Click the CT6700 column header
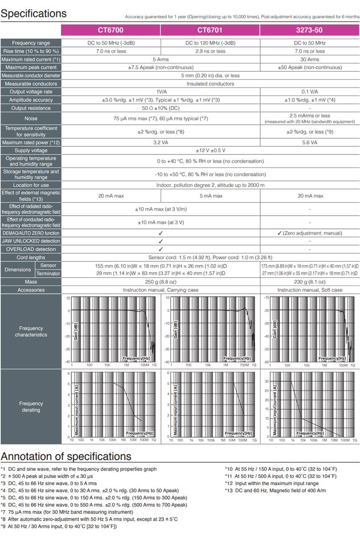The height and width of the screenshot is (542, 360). click(111, 30)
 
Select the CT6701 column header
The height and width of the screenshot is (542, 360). click(210, 30)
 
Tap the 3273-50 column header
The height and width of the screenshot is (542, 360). click(309, 30)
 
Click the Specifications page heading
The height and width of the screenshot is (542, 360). click(33, 13)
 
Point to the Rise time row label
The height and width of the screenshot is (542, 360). click(31, 51)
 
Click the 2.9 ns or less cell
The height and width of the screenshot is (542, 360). click(210, 51)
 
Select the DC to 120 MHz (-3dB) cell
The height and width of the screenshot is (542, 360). click(210, 43)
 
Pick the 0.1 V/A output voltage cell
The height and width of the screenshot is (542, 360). click(309, 92)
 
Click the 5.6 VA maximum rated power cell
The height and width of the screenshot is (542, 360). click(309, 142)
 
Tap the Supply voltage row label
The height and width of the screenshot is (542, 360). click(31, 150)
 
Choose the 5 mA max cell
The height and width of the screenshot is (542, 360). click(210, 196)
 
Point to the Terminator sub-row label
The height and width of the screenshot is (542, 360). click(48, 274)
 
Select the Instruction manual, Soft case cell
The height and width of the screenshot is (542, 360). click(309, 290)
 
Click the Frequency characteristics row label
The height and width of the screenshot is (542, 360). click(31, 331)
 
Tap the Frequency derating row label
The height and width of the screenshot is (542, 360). click(31, 407)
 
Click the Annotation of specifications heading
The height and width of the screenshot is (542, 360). click(66, 456)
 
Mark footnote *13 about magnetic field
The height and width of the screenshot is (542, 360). click(275, 490)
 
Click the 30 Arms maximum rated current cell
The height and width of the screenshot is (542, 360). click(309, 59)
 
